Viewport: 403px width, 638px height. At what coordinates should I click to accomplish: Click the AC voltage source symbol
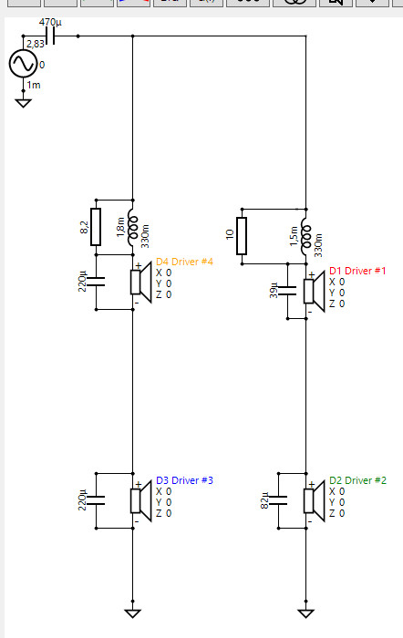pyautogui.click(x=23, y=64)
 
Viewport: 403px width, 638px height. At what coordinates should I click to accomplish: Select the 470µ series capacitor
pyautogui.click(x=50, y=36)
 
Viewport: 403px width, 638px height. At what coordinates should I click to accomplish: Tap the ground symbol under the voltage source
pyautogui.click(x=23, y=103)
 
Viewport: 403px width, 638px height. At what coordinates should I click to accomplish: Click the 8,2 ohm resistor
pyautogui.click(x=96, y=227)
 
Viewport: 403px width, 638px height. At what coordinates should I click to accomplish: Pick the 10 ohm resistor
pyautogui.click(x=242, y=236)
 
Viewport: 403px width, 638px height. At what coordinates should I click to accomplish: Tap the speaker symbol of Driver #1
pyautogui.click(x=315, y=291)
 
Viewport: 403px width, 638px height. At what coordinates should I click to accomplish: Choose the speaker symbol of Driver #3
pyautogui.click(x=140, y=500)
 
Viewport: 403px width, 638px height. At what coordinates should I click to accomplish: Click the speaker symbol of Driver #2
pyautogui.click(x=315, y=500)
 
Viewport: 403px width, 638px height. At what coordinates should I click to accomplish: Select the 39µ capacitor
pyautogui.click(x=287, y=291)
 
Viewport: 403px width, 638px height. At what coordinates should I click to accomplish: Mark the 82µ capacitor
pyautogui.click(x=278, y=500)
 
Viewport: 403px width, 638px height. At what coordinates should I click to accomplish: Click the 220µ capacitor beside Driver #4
pyautogui.click(x=96, y=282)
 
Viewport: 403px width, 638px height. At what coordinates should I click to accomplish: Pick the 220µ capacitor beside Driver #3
pyautogui.click(x=96, y=500)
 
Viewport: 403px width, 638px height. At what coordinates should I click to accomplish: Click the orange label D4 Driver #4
pyautogui.click(x=184, y=262)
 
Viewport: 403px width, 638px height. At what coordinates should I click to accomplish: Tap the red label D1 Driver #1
pyautogui.click(x=357, y=271)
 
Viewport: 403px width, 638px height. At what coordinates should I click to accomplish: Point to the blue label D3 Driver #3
pyautogui.click(x=184, y=480)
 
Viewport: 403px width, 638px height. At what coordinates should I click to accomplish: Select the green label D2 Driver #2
pyautogui.click(x=357, y=480)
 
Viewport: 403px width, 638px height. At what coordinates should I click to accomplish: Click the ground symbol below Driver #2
pyautogui.click(x=305, y=613)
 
